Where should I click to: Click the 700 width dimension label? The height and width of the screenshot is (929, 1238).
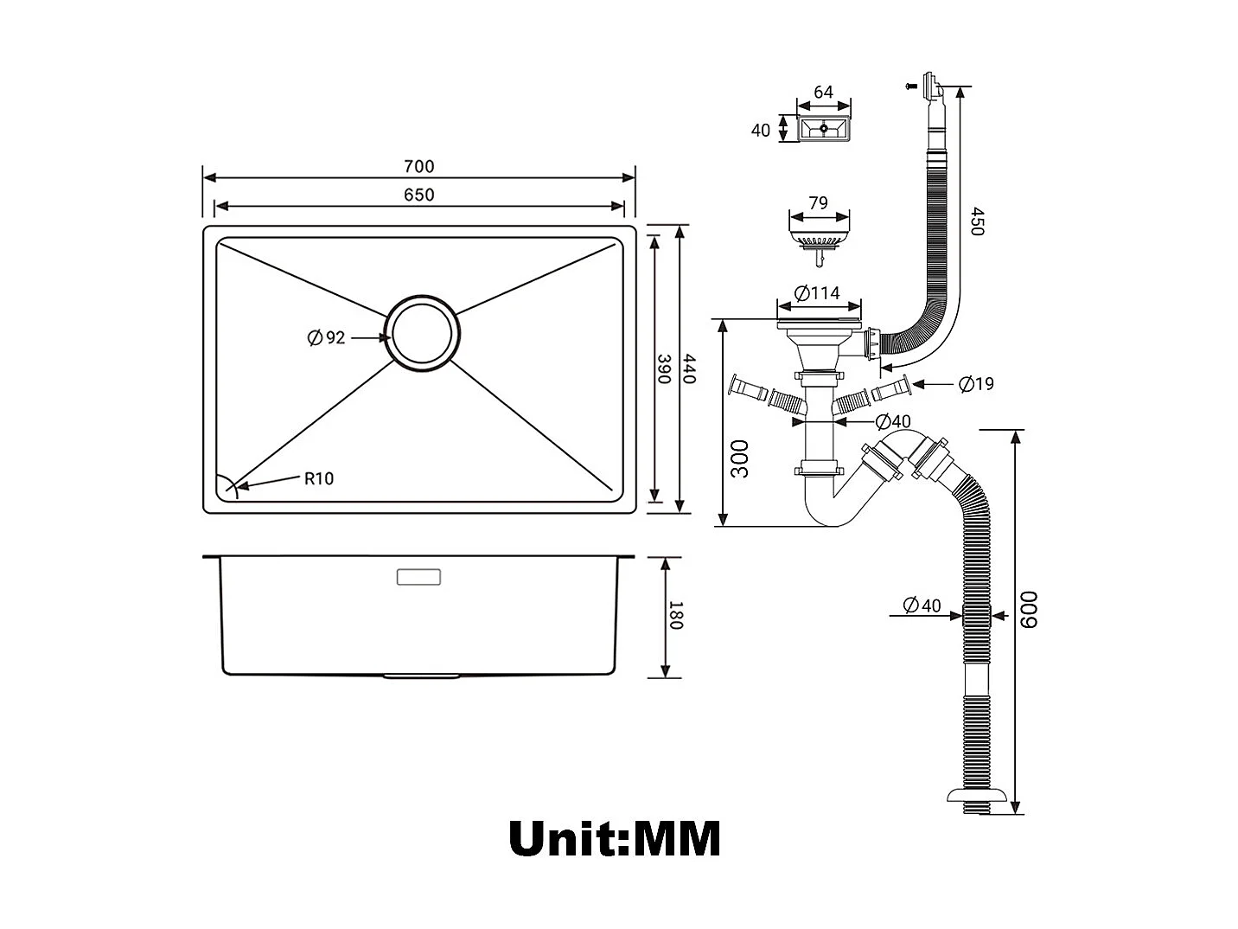pos(418,166)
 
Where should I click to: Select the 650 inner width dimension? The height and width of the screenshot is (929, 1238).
pos(418,195)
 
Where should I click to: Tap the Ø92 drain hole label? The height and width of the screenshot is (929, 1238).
pos(326,337)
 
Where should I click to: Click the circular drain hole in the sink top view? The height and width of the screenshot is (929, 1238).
pos(423,336)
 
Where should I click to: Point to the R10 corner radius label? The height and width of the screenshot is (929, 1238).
pos(318,478)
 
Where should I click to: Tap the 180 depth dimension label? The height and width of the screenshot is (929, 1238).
pos(675,616)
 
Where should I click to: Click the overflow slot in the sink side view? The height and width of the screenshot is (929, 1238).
pos(418,577)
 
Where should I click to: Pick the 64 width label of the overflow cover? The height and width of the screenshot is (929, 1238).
pos(823,92)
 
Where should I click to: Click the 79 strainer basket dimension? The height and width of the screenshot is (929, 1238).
pos(817,203)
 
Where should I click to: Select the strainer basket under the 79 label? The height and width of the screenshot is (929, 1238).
pos(818,235)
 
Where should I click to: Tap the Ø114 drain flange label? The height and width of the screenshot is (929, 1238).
pos(817,293)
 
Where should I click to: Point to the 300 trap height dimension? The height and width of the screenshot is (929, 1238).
pos(740,458)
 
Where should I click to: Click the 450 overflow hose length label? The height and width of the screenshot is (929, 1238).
pos(976,221)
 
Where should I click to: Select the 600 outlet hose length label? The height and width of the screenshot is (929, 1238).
pos(1030,610)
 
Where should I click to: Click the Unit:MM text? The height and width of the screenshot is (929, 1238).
pos(614,838)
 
